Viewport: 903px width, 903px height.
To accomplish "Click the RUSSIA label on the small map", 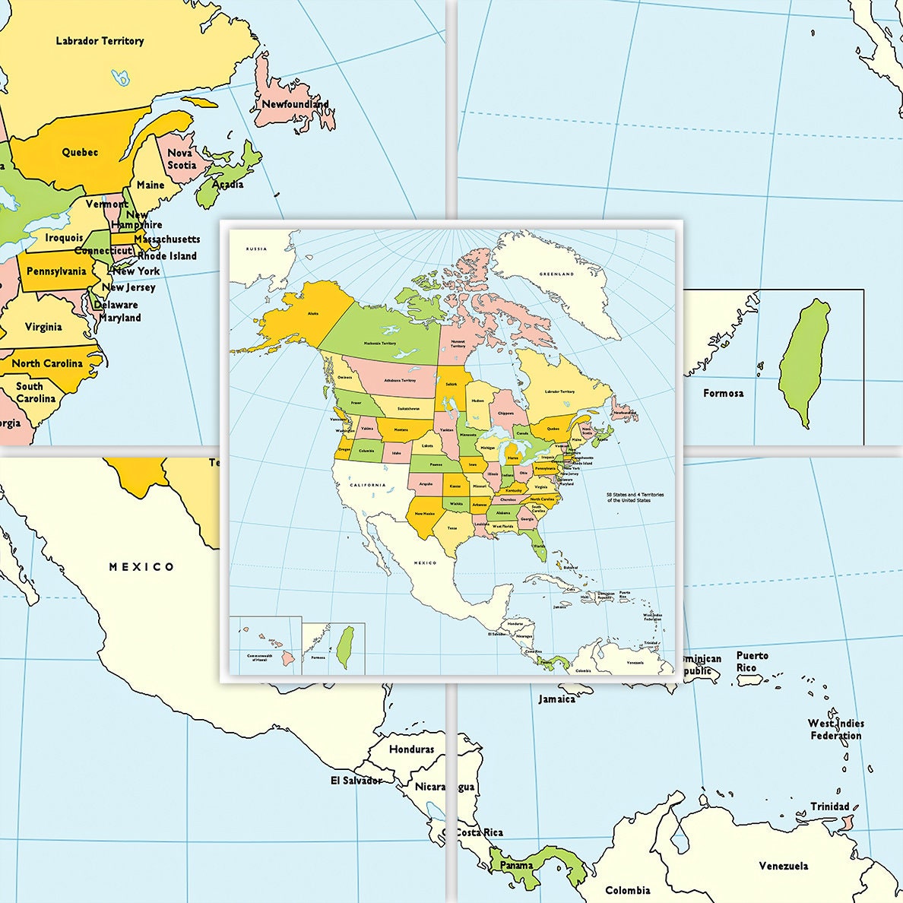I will [x=256, y=249].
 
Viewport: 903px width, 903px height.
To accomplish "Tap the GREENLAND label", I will [x=557, y=274].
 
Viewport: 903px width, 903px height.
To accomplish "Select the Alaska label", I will [x=313, y=313].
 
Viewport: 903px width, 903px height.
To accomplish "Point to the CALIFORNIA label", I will [x=368, y=485].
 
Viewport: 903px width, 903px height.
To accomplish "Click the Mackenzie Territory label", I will [x=380, y=344].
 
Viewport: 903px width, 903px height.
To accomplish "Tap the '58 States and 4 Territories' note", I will [x=635, y=497].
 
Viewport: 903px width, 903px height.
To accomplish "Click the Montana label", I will [x=401, y=431].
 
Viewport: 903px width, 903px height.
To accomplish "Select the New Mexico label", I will [x=425, y=513].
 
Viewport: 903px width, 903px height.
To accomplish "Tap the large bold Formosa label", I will [x=724, y=393].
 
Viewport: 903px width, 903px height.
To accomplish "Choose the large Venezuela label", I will [x=784, y=866].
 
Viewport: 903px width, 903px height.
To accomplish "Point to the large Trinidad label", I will [x=830, y=806].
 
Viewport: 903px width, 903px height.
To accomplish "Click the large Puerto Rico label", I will [x=752, y=661].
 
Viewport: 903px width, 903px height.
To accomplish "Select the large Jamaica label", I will [x=557, y=699].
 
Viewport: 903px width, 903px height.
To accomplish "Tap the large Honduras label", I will [x=411, y=749].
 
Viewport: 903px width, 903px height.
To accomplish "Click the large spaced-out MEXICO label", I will [x=141, y=566].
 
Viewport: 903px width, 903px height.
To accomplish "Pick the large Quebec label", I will [x=80, y=152].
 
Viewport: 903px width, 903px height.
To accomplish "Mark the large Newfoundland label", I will [x=295, y=104].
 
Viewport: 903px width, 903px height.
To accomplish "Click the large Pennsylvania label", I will [x=56, y=271].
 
